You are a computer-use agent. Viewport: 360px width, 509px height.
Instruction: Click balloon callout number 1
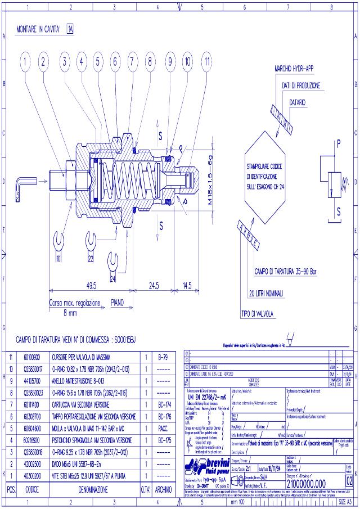25,62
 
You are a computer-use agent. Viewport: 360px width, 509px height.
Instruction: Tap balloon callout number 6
115,62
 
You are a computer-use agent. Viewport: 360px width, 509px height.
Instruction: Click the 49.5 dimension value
92,284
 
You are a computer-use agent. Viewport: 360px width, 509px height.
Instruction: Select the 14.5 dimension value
187,284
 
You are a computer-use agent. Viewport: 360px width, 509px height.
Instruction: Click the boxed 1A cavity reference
70,28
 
